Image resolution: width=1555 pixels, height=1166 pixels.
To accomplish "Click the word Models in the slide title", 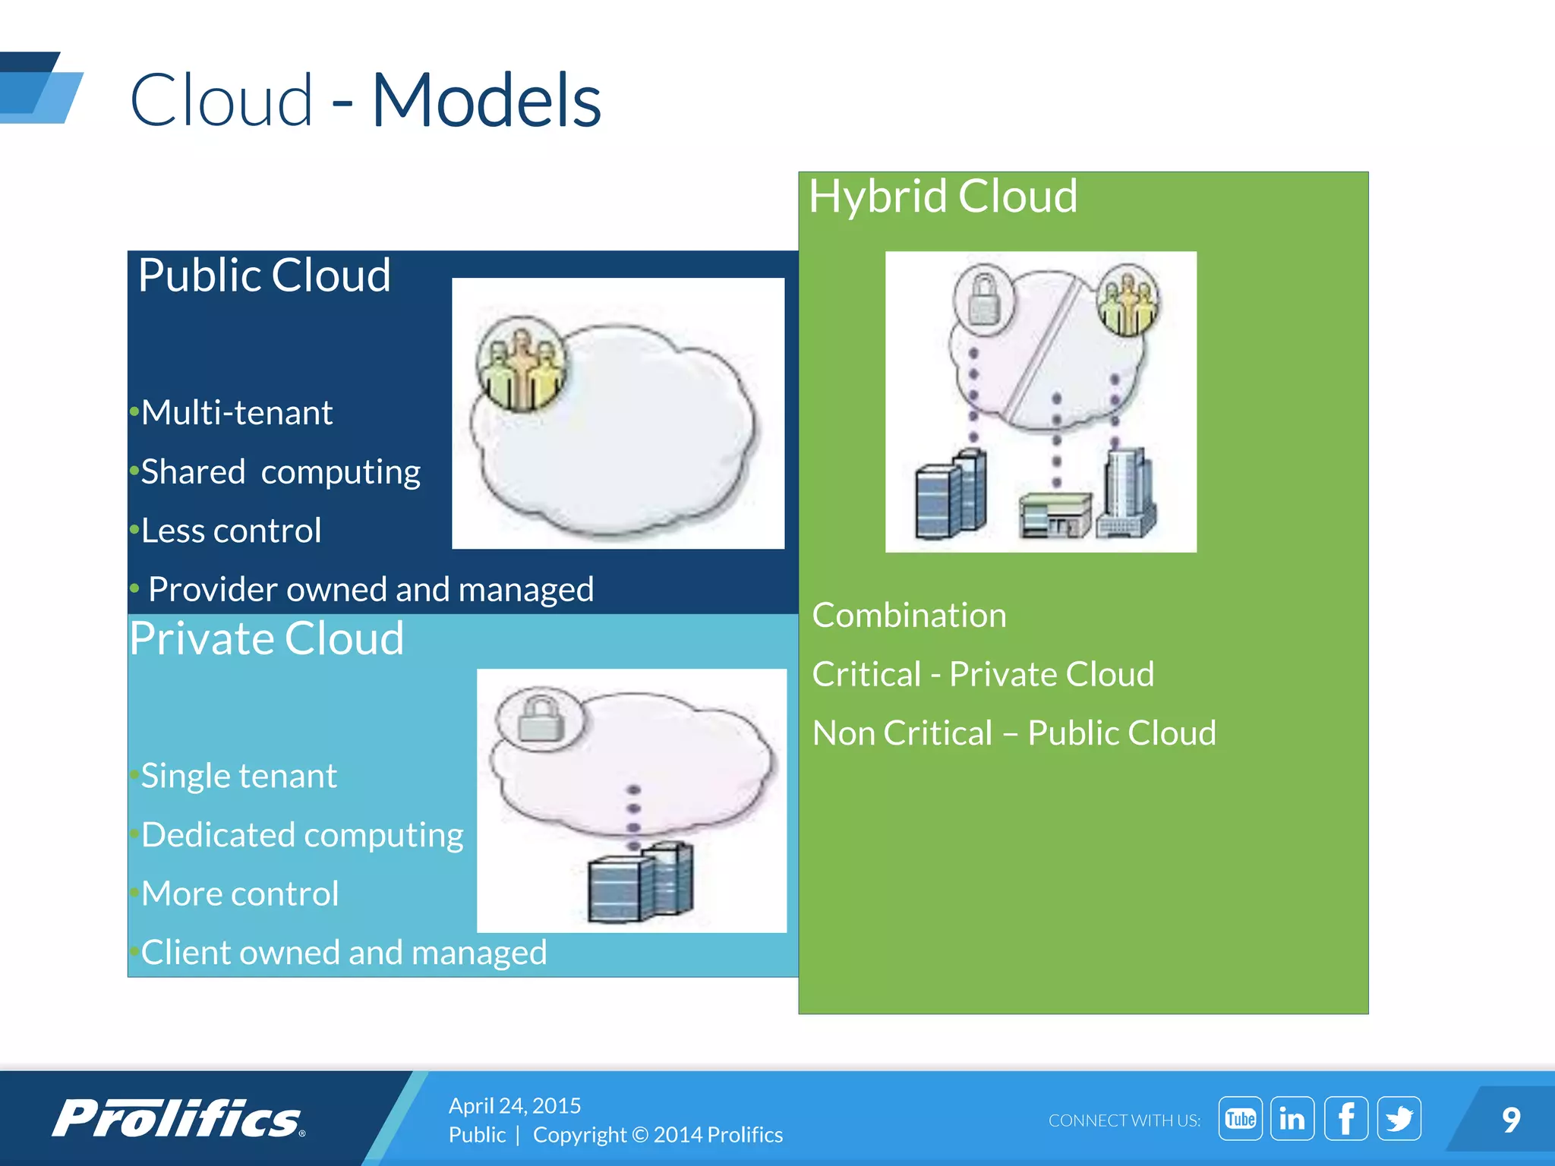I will point(486,100).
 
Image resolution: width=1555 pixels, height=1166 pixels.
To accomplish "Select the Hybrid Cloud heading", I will point(942,197).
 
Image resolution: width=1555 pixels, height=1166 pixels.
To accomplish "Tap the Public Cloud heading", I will point(264,275).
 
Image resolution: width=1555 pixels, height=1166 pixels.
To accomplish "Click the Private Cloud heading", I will point(267,638).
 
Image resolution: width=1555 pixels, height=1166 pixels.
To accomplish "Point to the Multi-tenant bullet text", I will point(236,413).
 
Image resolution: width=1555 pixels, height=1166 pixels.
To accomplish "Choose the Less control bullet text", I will point(231,531).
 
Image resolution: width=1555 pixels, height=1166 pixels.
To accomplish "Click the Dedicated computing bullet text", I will point(302,835).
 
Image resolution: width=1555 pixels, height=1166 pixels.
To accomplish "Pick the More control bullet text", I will point(240,894).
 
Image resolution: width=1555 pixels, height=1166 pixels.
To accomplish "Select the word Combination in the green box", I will point(909,616).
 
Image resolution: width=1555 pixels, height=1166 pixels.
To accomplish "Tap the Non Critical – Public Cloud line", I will point(1014,733).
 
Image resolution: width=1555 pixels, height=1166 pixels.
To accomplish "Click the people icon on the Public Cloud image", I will point(521,363).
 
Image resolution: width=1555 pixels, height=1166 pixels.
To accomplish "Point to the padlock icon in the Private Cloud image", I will point(541,717).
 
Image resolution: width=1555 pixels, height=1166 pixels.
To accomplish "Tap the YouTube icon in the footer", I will point(1240,1118).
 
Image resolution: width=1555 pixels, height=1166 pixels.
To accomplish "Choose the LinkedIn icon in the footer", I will point(1292,1118).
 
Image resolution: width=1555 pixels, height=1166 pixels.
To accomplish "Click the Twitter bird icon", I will point(1399,1118).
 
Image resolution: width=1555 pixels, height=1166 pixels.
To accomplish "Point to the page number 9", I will point(1511,1120).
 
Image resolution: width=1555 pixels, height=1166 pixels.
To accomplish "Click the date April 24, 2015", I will point(514,1105).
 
